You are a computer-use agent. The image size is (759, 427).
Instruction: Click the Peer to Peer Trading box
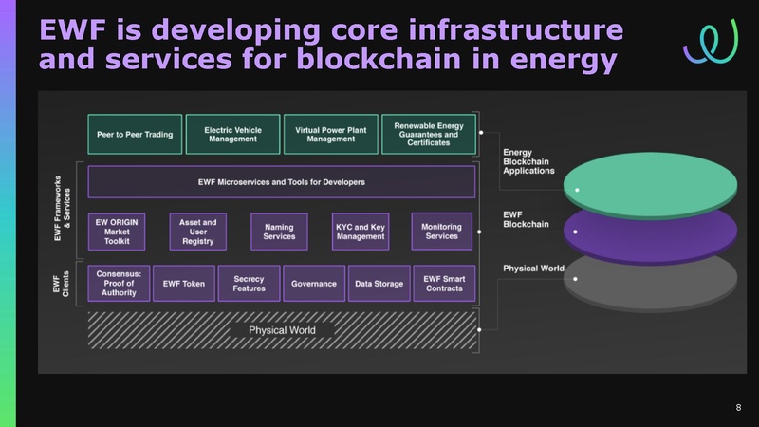(135, 135)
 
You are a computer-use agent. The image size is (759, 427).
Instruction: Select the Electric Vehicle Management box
(233, 135)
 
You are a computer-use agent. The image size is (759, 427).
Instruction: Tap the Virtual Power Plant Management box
(330, 135)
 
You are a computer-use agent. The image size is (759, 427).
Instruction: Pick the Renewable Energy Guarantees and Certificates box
(428, 135)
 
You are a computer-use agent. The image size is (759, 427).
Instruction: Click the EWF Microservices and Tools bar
(281, 181)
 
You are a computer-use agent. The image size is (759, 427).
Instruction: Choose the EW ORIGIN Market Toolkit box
(119, 231)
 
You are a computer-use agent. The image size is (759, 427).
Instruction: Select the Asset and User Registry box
(197, 231)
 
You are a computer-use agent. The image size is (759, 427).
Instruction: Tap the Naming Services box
(279, 231)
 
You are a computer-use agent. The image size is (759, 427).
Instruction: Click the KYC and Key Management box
(360, 231)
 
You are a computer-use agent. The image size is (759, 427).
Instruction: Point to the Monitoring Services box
(441, 231)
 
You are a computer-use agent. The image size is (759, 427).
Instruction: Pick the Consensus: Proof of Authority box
(119, 283)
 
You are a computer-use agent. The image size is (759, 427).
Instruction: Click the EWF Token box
(184, 283)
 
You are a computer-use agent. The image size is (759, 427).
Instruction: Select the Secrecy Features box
(249, 283)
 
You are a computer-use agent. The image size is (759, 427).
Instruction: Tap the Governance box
(314, 283)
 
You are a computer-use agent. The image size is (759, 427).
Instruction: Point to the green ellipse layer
(651, 175)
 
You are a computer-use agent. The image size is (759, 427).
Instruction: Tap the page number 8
(738, 407)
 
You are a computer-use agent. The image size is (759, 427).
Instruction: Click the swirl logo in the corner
(703, 40)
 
